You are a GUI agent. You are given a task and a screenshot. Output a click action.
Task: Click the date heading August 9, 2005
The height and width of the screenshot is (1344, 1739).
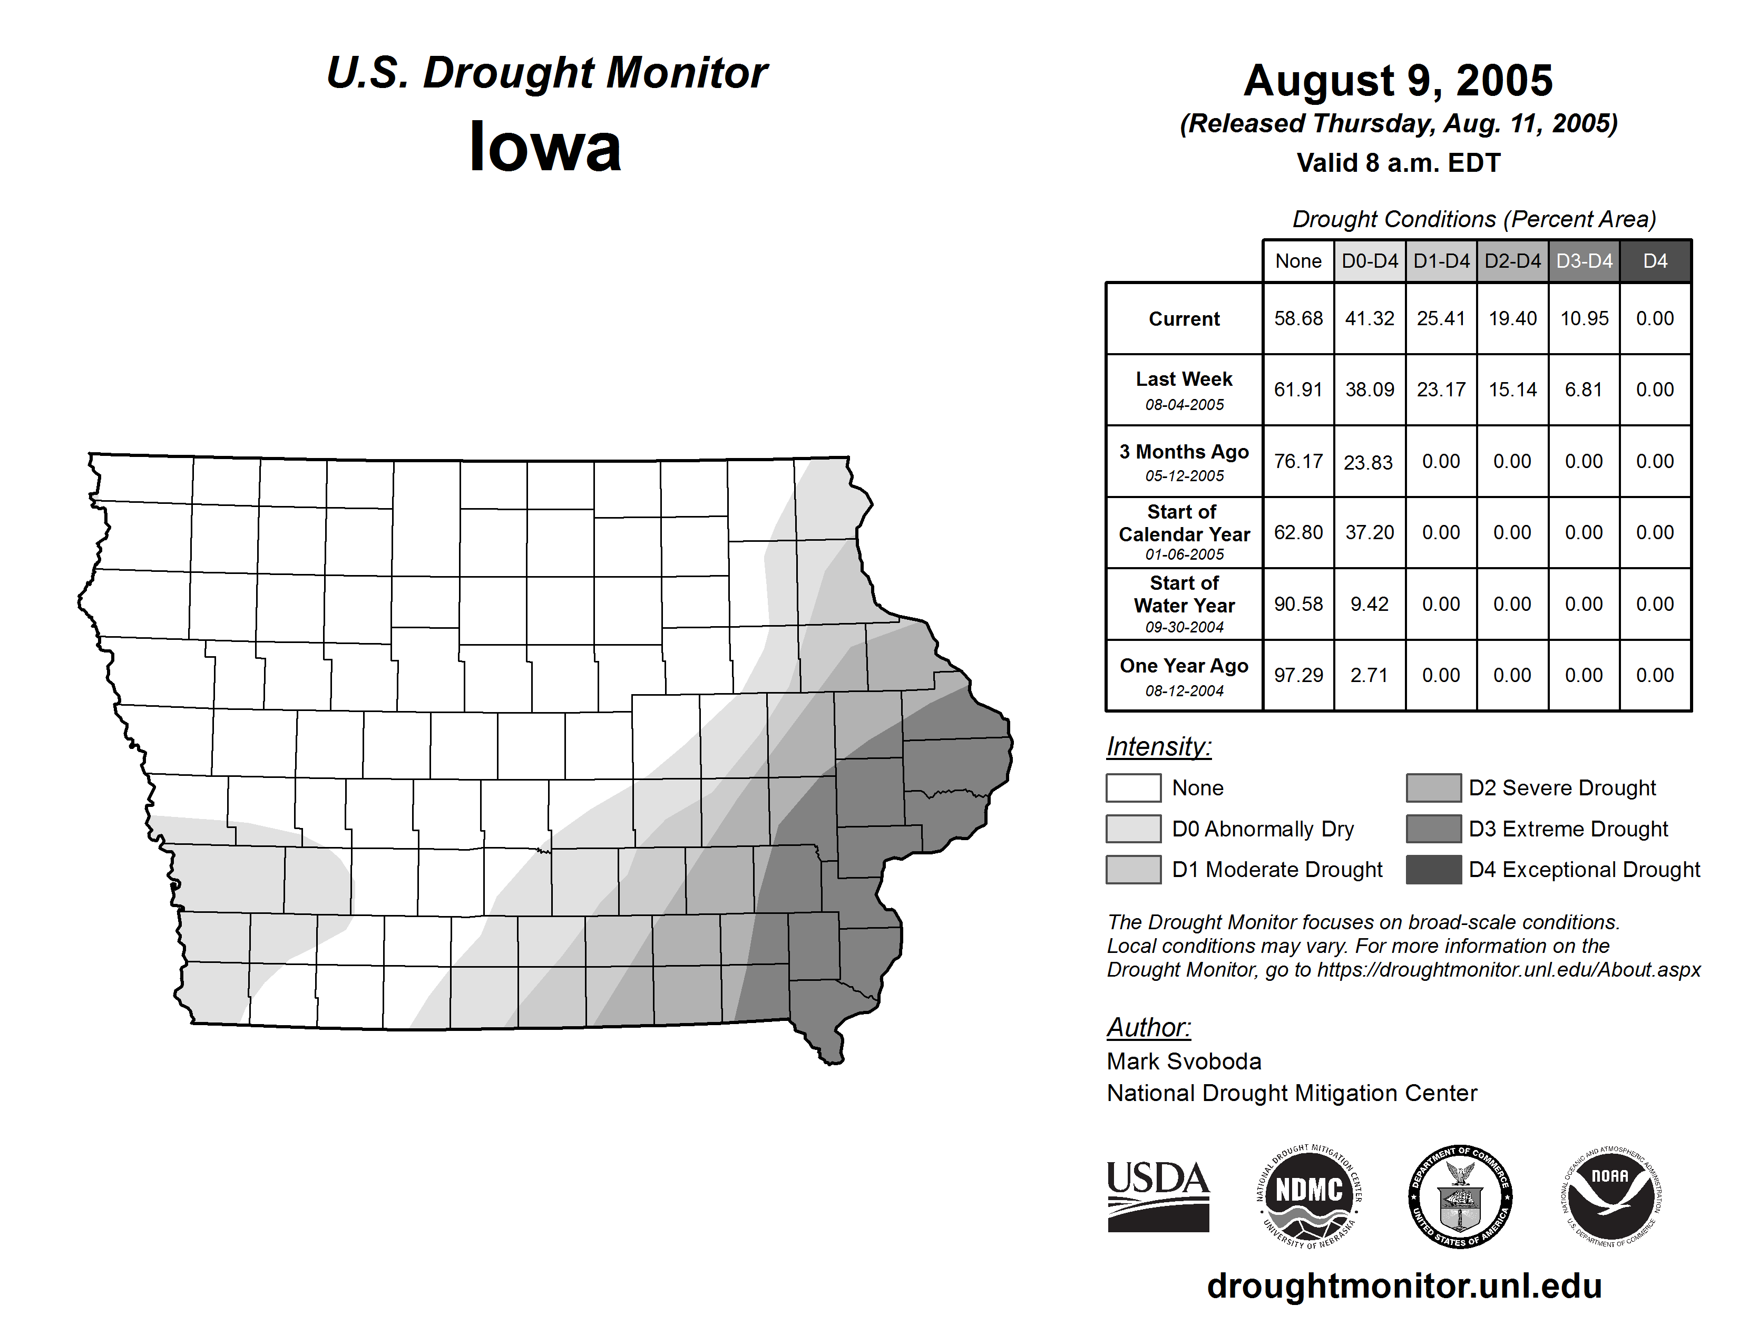(1398, 81)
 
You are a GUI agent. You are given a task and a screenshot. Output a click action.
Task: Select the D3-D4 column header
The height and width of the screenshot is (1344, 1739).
(1584, 261)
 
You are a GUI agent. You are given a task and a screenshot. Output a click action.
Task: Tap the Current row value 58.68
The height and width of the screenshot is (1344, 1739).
(1298, 318)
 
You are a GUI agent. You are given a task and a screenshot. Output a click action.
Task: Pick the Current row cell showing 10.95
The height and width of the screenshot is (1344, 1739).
(1584, 318)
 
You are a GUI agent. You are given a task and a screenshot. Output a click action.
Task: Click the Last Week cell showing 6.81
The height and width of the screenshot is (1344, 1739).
(1583, 389)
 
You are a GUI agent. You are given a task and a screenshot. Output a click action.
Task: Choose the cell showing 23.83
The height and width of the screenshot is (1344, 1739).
(1368, 462)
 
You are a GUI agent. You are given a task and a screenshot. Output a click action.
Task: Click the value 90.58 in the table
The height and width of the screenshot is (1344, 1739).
(1298, 605)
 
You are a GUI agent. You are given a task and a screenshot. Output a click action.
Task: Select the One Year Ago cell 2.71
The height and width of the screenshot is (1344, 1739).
(1369, 675)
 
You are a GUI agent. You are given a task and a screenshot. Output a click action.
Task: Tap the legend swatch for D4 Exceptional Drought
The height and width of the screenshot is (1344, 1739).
(1433, 870)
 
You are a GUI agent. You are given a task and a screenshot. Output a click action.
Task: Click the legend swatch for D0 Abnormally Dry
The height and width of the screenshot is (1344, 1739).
(1133, 829)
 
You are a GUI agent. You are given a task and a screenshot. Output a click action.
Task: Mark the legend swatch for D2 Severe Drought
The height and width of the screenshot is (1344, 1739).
(1433, 787)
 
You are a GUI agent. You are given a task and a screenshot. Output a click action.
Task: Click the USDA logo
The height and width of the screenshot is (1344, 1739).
(1158, 1196)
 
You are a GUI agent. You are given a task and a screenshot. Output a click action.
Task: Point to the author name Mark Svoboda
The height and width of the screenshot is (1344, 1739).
(1184, 1061)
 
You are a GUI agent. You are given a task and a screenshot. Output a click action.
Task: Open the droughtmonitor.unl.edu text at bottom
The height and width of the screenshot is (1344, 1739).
(1404, 1286)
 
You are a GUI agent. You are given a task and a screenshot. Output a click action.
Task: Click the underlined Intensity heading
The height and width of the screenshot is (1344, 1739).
(1158, 747)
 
